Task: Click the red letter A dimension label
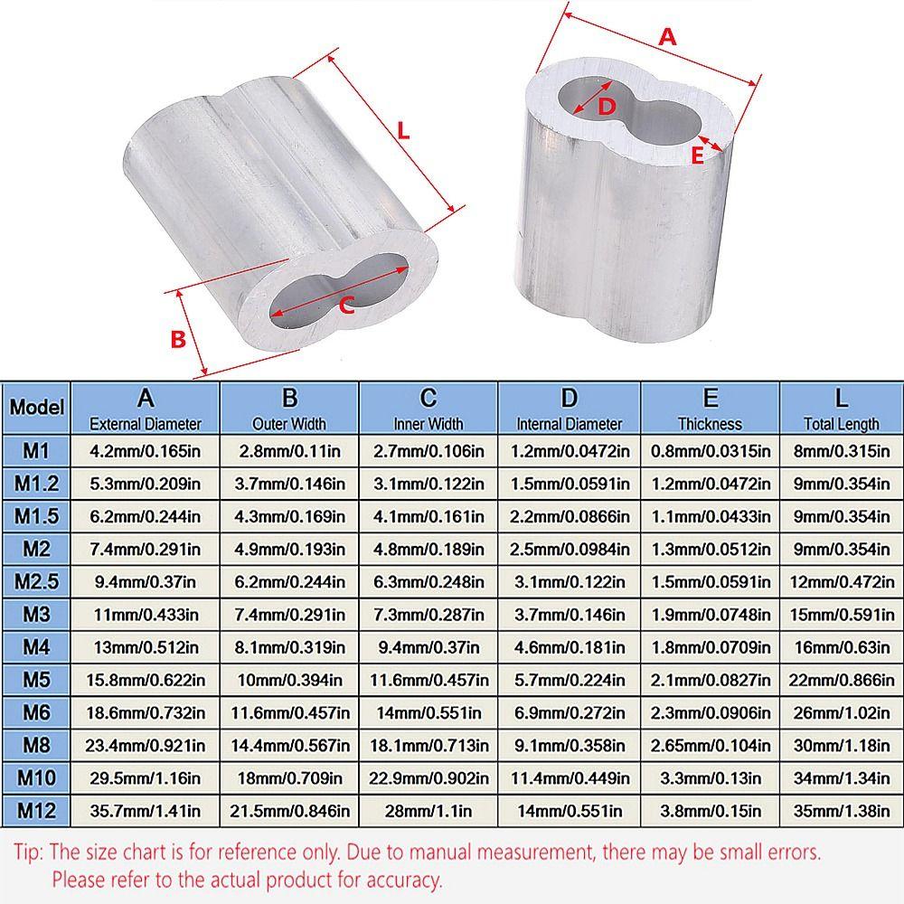(x=667, y=37)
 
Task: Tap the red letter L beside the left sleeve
(x=403, y=129)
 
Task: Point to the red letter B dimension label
(x=178, y=339)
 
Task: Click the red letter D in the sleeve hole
(x=607, y=106)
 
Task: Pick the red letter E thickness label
(x=696, y=155)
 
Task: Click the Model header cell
(x=36, y=408)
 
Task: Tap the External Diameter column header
(x=146, y=409)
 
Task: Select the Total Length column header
(x=841, y=409)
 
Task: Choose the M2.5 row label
(x=36, y=580)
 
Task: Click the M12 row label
(x=36, y=810)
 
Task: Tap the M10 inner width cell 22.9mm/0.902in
(x=428, y=777)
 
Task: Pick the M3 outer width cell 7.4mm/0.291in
(x=289, y=614)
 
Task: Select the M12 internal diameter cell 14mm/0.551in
(x=570, y=810)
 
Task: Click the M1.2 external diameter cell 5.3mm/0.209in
(x=146, y=484)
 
